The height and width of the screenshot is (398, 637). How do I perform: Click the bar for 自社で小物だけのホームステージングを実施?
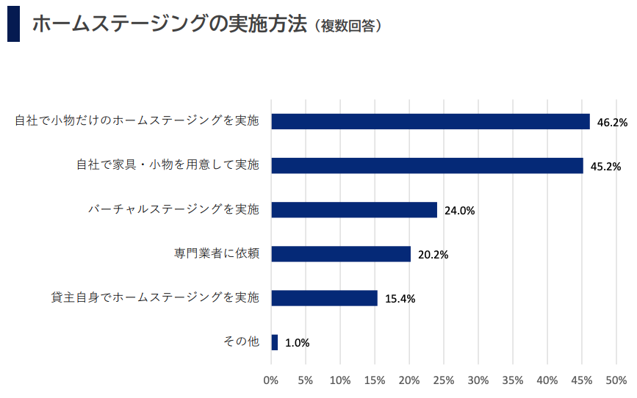point(431,121)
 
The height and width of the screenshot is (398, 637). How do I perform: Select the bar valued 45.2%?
point(427,165)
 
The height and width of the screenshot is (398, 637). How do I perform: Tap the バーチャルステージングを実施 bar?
point(354,209)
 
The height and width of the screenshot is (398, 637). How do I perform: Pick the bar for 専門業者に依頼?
point(341,254)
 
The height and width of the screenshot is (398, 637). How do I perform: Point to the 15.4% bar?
point(324,298)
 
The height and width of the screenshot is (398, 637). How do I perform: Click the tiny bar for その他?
point(275,342)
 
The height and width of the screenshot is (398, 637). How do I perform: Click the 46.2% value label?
point(612,123)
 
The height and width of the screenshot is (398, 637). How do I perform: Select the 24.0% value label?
point(460,211)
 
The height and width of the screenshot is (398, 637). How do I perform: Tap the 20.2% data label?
point(433,255)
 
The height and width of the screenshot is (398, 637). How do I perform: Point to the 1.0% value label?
point(297,343)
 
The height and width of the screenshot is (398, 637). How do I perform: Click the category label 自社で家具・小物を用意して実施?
point(168,164)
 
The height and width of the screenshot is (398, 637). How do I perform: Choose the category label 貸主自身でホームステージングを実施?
point(155,297)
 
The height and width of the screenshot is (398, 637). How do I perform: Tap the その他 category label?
point(241,341)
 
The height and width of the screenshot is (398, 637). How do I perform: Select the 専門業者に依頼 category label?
point(217,253)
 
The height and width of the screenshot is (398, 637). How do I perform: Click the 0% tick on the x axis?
point(271,380)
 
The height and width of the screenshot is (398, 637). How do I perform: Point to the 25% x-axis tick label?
point(444,380)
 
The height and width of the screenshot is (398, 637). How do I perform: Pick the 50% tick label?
point(616,380)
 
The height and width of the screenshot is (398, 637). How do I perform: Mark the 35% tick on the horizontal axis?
point(513,380)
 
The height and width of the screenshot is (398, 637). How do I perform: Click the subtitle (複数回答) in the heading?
point(347,26)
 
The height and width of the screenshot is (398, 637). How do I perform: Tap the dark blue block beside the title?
point(13,25)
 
